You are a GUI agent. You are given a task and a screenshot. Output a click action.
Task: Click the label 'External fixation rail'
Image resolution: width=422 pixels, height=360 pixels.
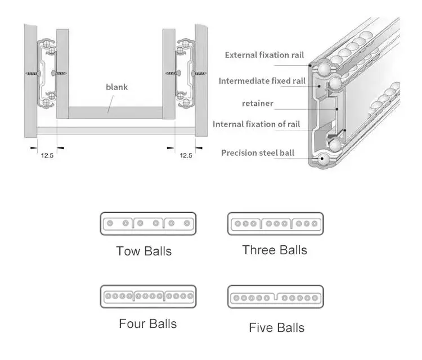tap(264, 55)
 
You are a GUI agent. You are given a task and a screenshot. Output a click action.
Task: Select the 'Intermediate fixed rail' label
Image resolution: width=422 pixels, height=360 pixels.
tap(262, 81)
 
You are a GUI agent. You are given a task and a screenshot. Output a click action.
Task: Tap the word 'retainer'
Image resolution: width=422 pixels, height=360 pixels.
tap(258, 103)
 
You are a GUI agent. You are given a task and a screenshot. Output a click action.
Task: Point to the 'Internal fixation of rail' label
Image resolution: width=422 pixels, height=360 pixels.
tap(256, 124)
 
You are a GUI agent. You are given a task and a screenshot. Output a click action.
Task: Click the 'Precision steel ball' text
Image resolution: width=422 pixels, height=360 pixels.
tap(257, 153)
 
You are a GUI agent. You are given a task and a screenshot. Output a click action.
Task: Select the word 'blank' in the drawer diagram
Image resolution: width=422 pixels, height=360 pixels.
tap(116, 87)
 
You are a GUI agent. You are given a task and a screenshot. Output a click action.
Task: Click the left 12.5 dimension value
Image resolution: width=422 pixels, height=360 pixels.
tap(47, 155)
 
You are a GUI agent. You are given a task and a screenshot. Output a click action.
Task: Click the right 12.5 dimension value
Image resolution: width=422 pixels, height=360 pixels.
tap(186, 155)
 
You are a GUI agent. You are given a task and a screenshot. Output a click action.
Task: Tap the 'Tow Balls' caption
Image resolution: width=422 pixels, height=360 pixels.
tap(143, 251)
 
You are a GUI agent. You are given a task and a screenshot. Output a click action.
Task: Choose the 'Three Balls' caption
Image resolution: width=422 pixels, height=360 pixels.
tap(275, 250)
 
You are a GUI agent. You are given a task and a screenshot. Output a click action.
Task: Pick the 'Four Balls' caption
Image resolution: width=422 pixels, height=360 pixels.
tap(147, 324)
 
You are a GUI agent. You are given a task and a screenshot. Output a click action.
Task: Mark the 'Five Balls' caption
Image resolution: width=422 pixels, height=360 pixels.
tap(276, 327)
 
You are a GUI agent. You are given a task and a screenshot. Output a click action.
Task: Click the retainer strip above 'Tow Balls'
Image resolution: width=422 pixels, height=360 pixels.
tap(148, 223)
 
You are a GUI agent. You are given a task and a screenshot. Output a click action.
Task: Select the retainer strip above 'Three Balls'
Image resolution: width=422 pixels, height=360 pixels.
tap(275, 223)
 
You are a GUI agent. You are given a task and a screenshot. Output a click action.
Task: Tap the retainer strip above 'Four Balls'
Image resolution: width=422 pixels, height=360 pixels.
tap(148, 296)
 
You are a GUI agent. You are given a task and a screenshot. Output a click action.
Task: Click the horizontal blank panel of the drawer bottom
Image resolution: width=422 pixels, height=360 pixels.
tap(116, 112)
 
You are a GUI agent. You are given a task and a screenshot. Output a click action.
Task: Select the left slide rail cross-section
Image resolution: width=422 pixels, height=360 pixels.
tap(48, 73)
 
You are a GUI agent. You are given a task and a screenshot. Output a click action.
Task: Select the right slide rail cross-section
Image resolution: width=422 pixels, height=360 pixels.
tap(184, 73)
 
